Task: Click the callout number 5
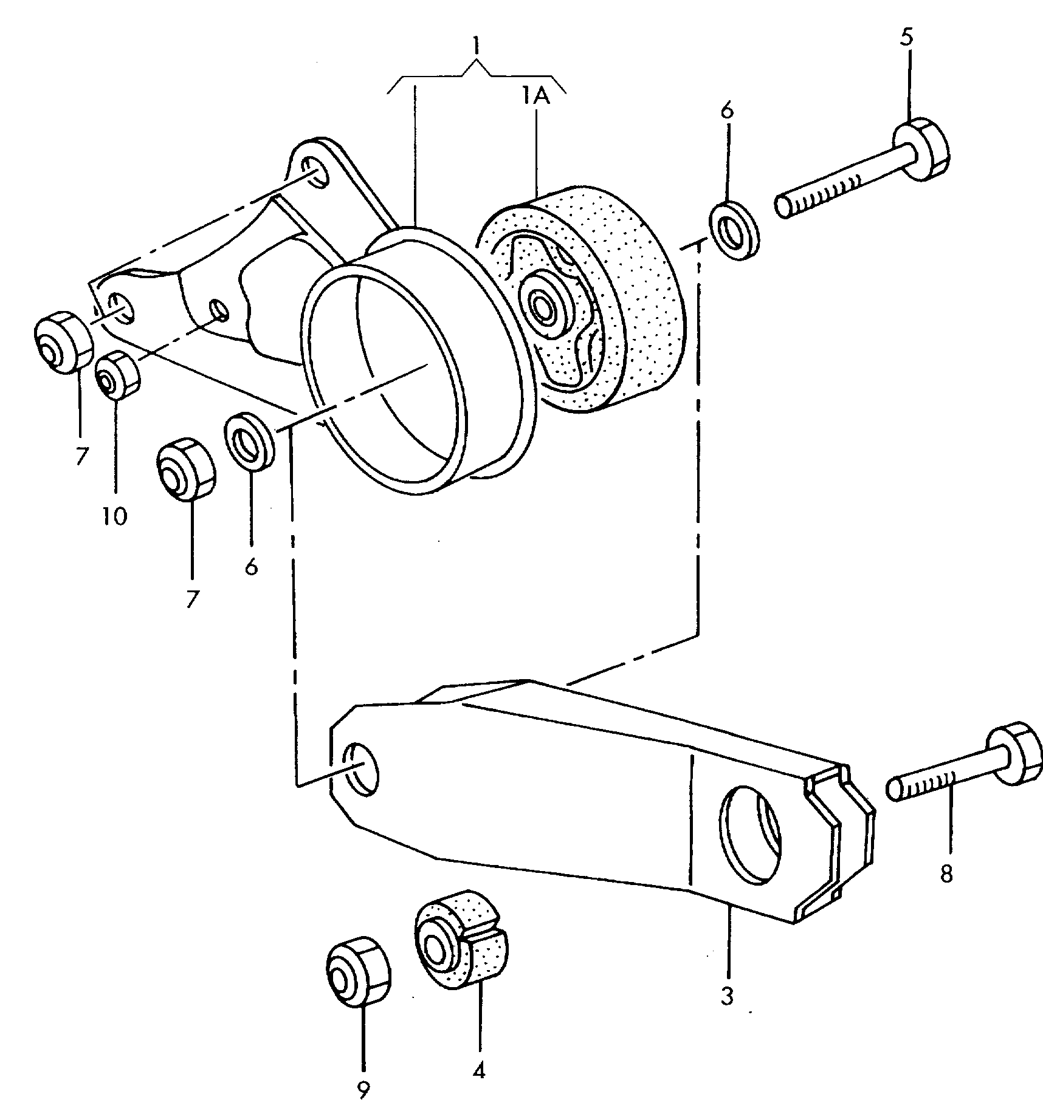point(906,38)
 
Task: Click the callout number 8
point(946,875)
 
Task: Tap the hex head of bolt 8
point(1012,754)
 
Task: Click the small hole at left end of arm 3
point(360,768)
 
